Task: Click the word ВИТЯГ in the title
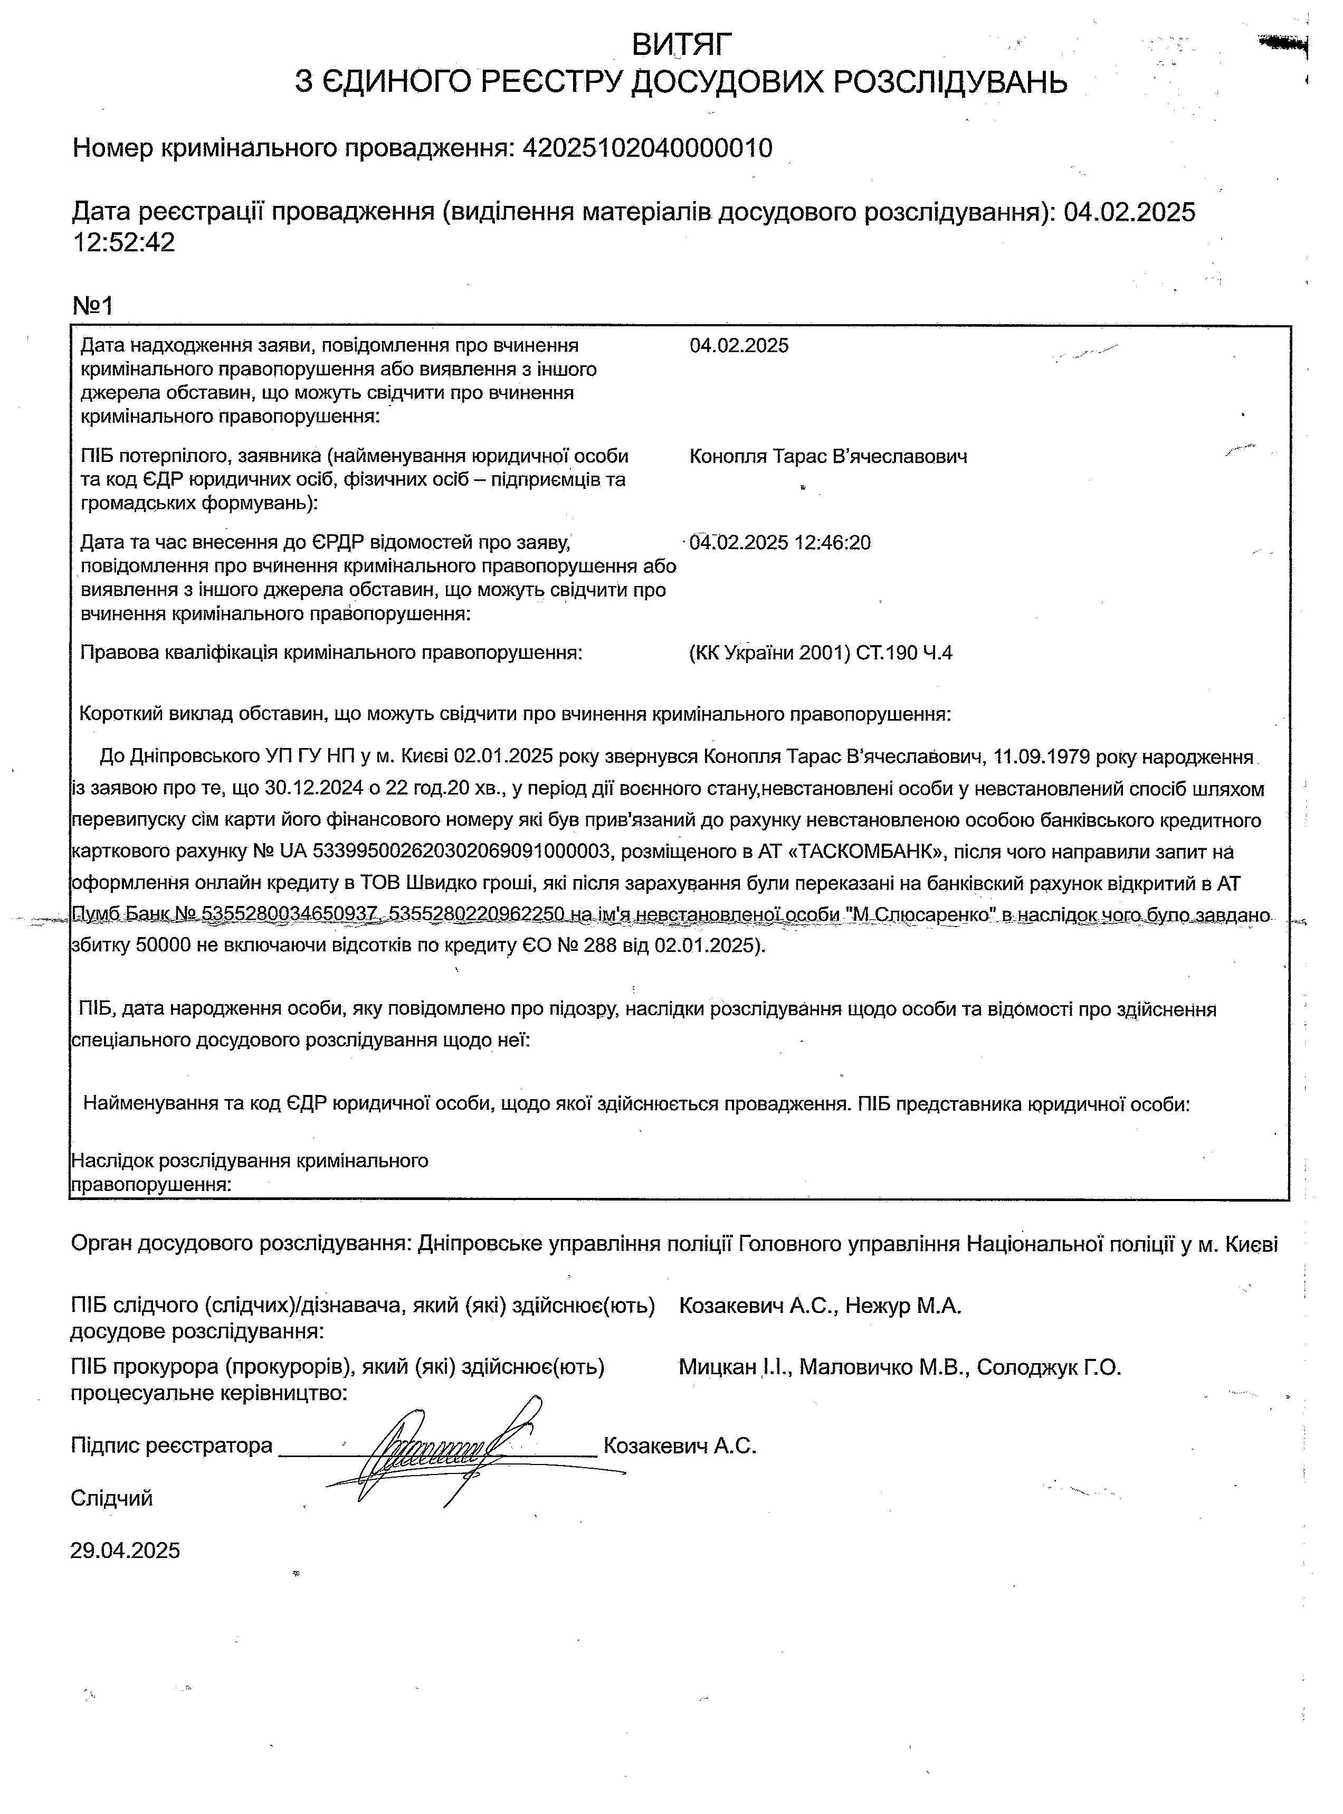(682, 44)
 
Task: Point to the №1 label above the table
(93, 306)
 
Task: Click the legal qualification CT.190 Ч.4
(904, 653)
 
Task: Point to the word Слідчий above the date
(111, 1498)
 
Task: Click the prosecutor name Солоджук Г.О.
(1049, 1367)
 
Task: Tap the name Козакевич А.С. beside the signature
(680, 1445)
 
